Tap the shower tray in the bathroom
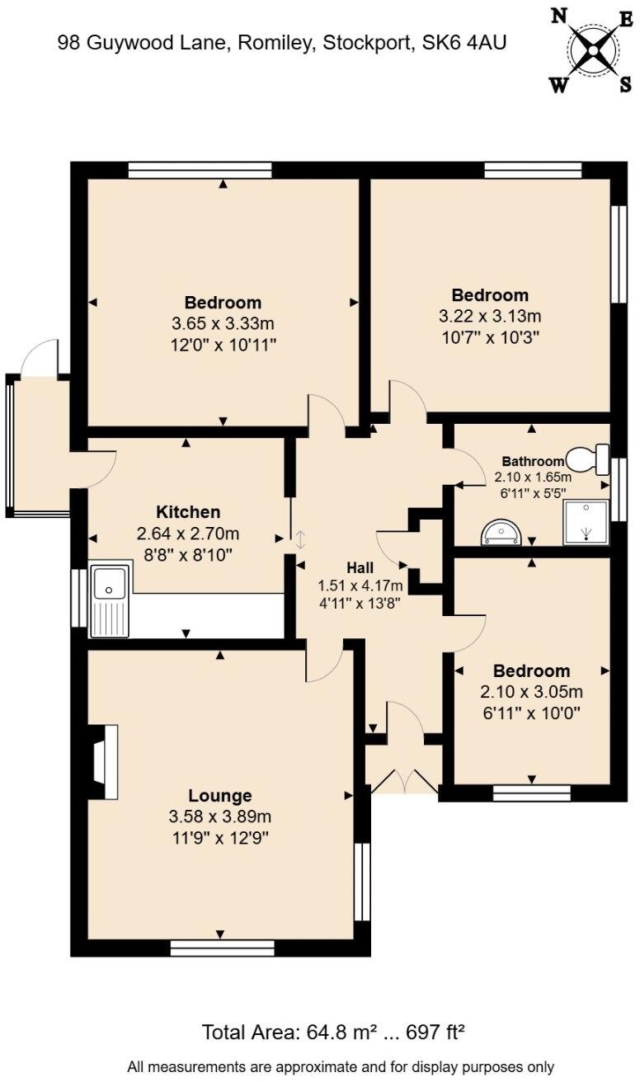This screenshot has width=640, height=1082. click(x=586, y=522)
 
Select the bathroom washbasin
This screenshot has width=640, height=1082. click(x=501, y=533)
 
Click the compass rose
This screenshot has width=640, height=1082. click(x=593, y=50)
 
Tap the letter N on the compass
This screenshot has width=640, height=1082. click(x=559, y=16)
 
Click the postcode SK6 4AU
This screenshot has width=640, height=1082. click(x=464, y=43)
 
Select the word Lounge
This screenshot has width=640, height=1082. click(x=219, y=796)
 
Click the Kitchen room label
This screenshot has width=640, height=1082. click(x=188, y=511)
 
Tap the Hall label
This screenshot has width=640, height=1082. click(x=360, y=568)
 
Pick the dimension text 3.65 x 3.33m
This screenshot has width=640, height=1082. click(x=223, y=323)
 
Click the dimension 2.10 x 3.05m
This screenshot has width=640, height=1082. click(x=531, y=692)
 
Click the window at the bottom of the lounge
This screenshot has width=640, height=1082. click(x=222, y=948)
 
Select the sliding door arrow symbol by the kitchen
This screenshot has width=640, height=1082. click(x=300, y=539)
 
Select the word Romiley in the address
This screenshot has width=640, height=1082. click(x=273, y=43)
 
